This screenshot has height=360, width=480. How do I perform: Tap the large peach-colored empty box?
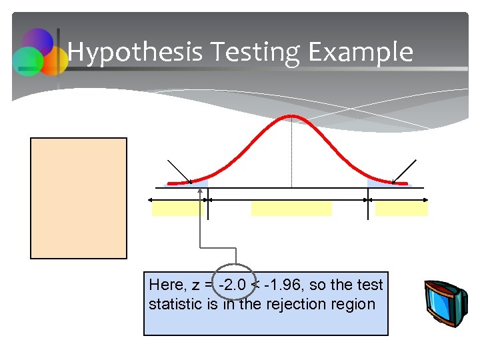(x=79, y=197)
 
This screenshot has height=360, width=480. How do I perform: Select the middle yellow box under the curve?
(x=291, y=209)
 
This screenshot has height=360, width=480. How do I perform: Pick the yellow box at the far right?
(x=401, y=209)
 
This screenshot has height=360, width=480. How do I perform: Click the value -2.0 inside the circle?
(x=233, y=285)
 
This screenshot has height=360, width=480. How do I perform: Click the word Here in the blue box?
(x=166, y=285)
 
